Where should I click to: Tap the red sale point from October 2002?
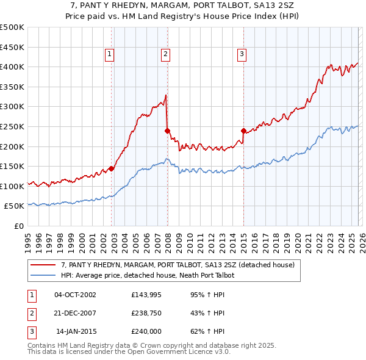(x=112, y=168)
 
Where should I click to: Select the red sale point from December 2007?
(x=167, y=131)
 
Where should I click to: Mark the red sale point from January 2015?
(x=243, y=130)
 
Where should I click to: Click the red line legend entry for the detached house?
(x=178, y=265)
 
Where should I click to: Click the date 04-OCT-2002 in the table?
(x=75, y=295)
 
